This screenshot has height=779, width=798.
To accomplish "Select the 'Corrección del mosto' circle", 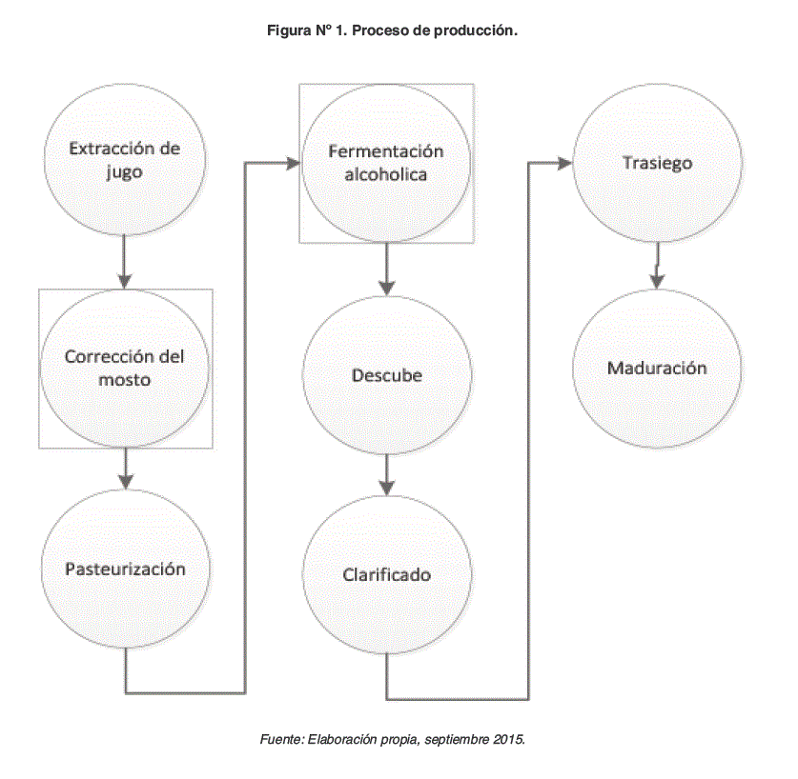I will point(125,368).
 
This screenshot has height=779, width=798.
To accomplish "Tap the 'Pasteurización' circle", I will point(125,569).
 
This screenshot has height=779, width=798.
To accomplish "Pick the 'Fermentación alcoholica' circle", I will point(386,163).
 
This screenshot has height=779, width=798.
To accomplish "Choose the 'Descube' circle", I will point(386,374).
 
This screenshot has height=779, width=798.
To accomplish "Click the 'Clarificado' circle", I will point(386,574).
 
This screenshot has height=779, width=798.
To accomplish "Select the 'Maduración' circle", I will point(657,368).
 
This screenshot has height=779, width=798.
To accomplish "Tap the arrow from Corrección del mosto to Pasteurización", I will point(125,469).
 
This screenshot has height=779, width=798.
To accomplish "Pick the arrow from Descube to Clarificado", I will point(386,473).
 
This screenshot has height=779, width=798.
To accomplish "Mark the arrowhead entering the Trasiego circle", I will point(564,163).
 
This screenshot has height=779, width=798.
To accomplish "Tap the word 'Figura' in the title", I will point(289,31).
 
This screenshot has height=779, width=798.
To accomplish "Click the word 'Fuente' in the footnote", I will point(281,739).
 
